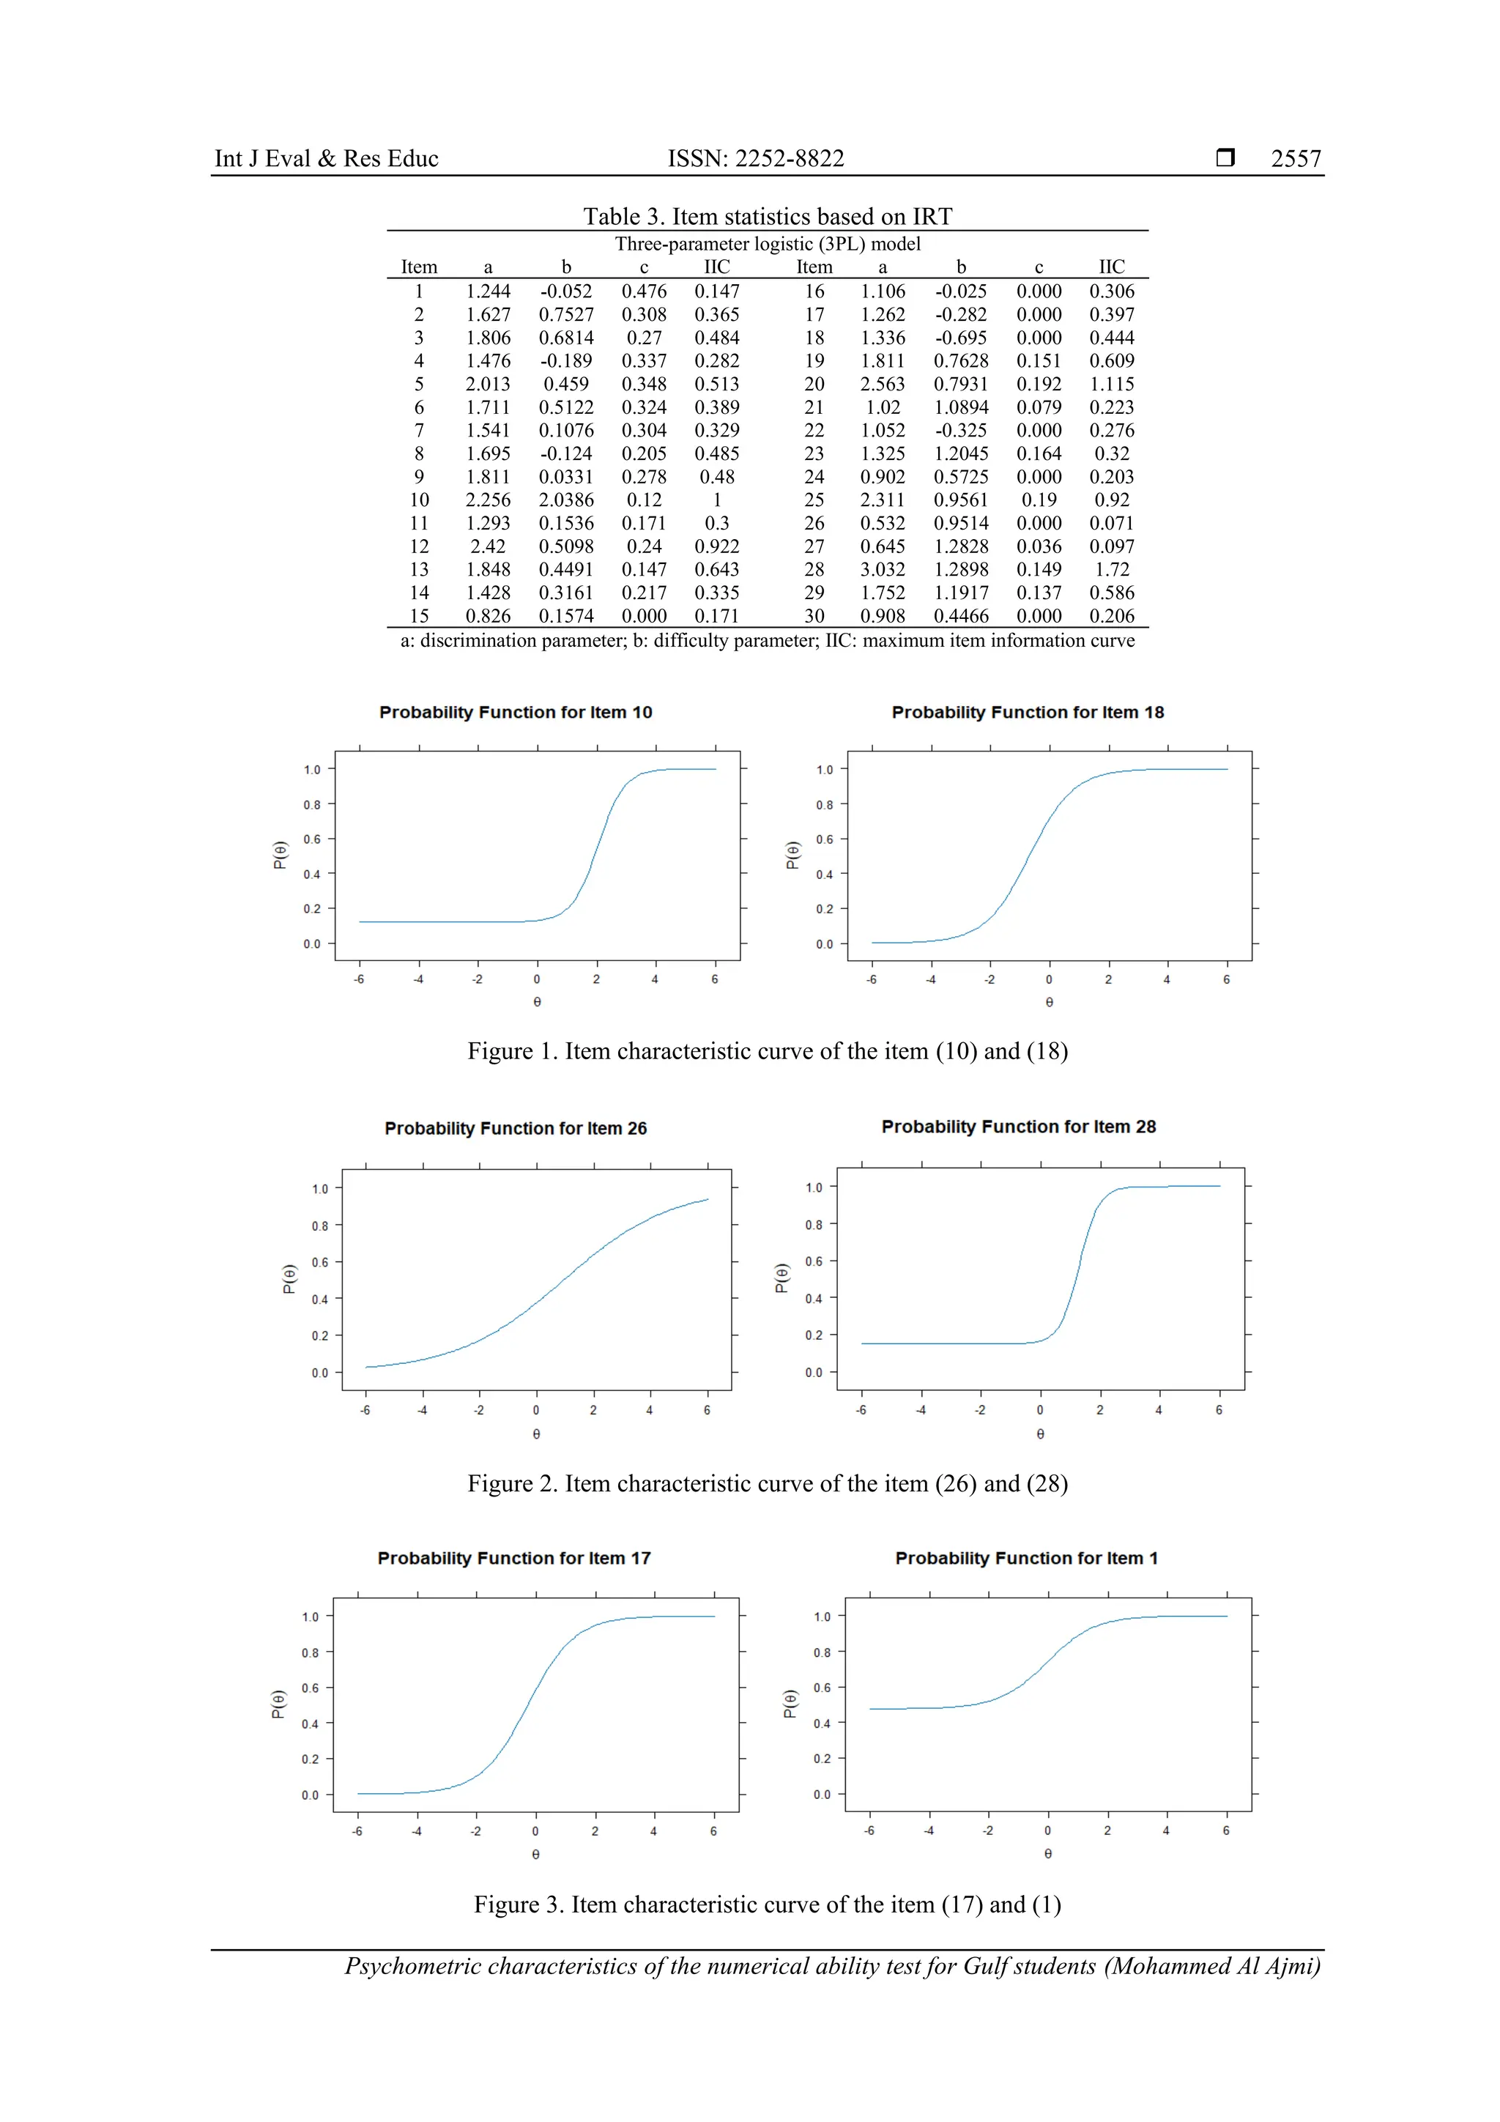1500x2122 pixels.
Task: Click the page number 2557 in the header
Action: tap(1295, 159)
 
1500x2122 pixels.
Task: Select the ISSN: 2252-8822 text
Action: tap(755, 159)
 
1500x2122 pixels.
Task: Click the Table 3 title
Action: tap(767, 216)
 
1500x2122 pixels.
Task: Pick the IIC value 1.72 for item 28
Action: tap(1111, 569)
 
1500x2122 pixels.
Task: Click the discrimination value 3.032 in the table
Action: tap(882, 569)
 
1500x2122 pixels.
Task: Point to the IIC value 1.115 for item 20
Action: tap(1111, 384)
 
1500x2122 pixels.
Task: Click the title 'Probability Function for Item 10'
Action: tap(516, 713)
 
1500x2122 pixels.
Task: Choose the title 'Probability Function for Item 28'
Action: tap(1019, 1127)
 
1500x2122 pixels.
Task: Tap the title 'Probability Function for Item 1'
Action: tap(1026, 1558)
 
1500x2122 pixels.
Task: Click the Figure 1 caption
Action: tap(767, 1052)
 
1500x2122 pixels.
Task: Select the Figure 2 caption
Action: tap(767, 1483)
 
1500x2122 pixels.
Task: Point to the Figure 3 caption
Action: tap(767, 1904)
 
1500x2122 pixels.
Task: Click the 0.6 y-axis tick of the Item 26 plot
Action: tap(320, 1263)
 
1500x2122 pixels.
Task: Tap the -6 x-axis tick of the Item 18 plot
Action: tap(871, 979)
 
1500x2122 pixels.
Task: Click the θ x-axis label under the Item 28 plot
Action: tap(1041, 1434)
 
